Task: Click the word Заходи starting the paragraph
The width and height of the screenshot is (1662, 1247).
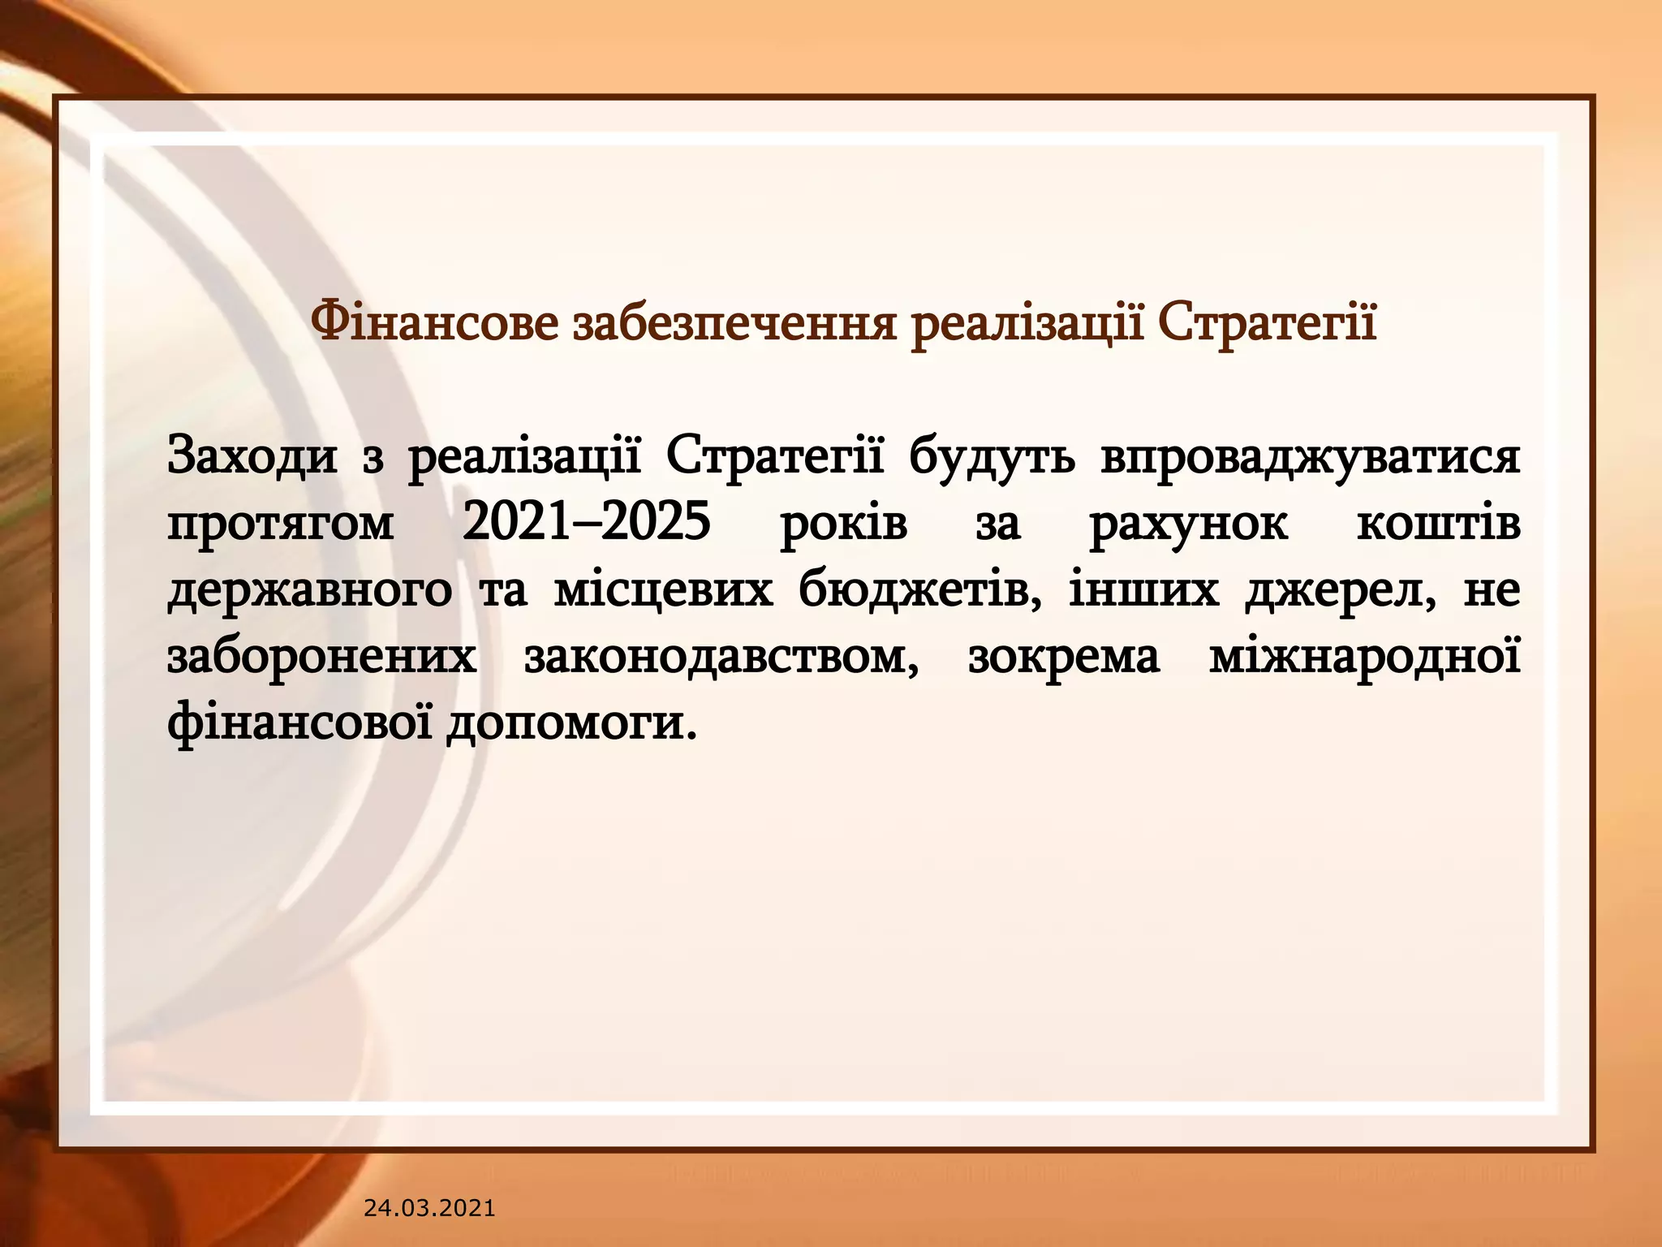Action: (252, 457)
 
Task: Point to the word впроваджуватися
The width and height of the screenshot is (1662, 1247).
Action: (1310, 457)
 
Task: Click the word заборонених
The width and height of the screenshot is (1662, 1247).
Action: (321, 657)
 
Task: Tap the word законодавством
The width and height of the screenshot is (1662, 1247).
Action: (721, 657)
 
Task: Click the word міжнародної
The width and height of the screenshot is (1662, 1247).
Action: (1364, 657)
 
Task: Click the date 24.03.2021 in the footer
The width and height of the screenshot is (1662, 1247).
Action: (429, 1208)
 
